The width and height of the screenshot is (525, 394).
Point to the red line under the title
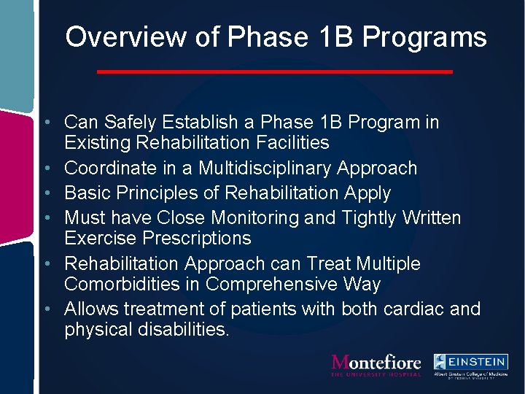275,72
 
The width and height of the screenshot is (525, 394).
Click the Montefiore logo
376,364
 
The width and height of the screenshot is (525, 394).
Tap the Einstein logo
470,364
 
